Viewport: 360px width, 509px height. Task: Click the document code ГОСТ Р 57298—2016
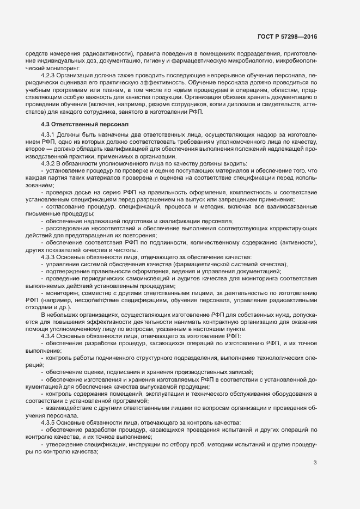click(287, 37)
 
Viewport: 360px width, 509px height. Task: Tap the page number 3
click(315, 463)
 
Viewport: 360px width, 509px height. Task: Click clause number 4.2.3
click(50, 75)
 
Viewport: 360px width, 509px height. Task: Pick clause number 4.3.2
click(50, 164)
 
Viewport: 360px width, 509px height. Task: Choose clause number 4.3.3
click(50, 256)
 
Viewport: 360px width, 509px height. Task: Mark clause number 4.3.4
click(50, 336)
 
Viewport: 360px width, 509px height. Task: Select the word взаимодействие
click(70, 408)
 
